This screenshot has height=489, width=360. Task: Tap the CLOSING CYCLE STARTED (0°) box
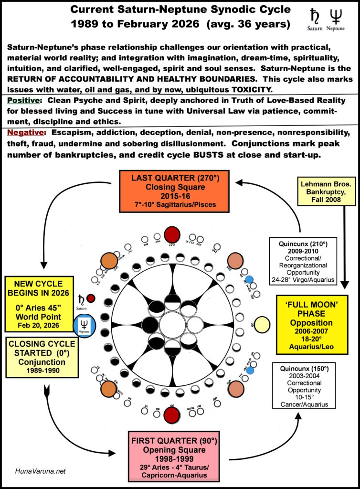[x=42, y=357]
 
